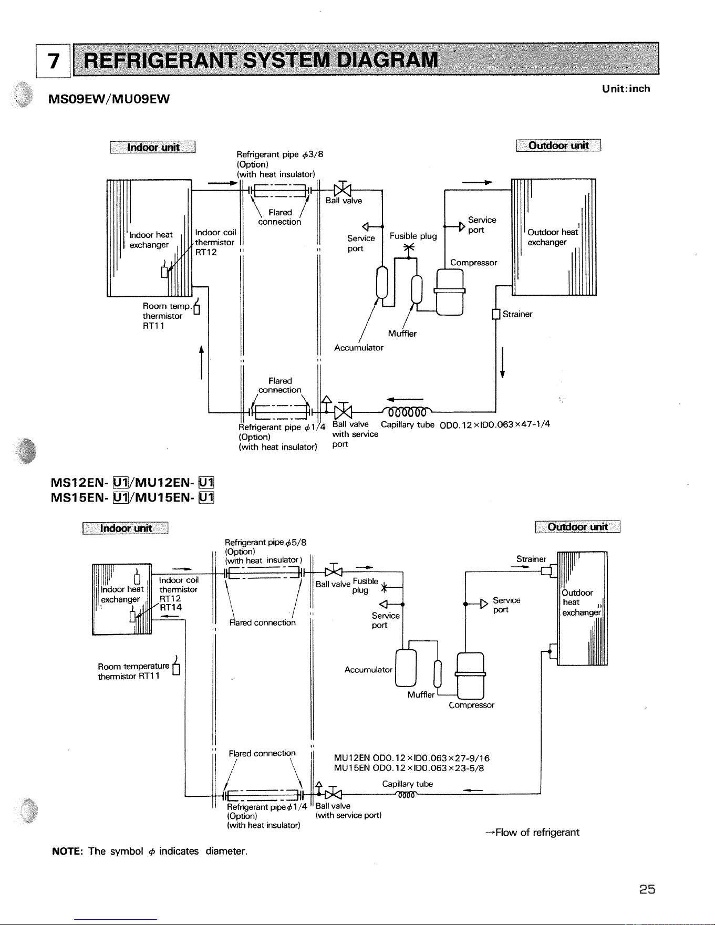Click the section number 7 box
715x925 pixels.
pyautogui.click(x=53, y=61)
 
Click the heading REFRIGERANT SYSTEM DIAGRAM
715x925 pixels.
pyautogui.click(x=261, y=60)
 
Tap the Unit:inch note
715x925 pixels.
pyautogui.click(x=626, y=89)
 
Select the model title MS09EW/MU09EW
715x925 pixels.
pyautogui.click(x=109, y=99)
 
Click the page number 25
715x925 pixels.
pyautogui.click(x=647, y=889)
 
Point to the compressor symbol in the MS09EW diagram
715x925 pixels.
pyautogui.click(x=450, y=292)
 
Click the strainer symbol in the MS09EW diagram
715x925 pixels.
pyautogui.click(x=495, y=314)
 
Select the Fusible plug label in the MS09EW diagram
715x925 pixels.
pyautogui.click(x=413, y=236)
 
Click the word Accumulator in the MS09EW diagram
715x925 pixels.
pyautogui.click(x=359, y=348)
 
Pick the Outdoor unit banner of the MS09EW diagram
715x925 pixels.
pyautogui.click(x=558, y=145)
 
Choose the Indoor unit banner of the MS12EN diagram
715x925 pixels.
pyautogui.click(x=126, y=528)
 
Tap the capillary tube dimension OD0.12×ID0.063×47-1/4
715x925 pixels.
pyautogui.click(x=495, y=424)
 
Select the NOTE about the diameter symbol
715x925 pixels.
pyautogui.click(x=150, y=851)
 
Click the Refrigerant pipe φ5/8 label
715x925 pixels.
pyautogui.click(x=265, y=542)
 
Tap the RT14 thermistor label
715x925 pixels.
pyautogui.click(x=171, y=608)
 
